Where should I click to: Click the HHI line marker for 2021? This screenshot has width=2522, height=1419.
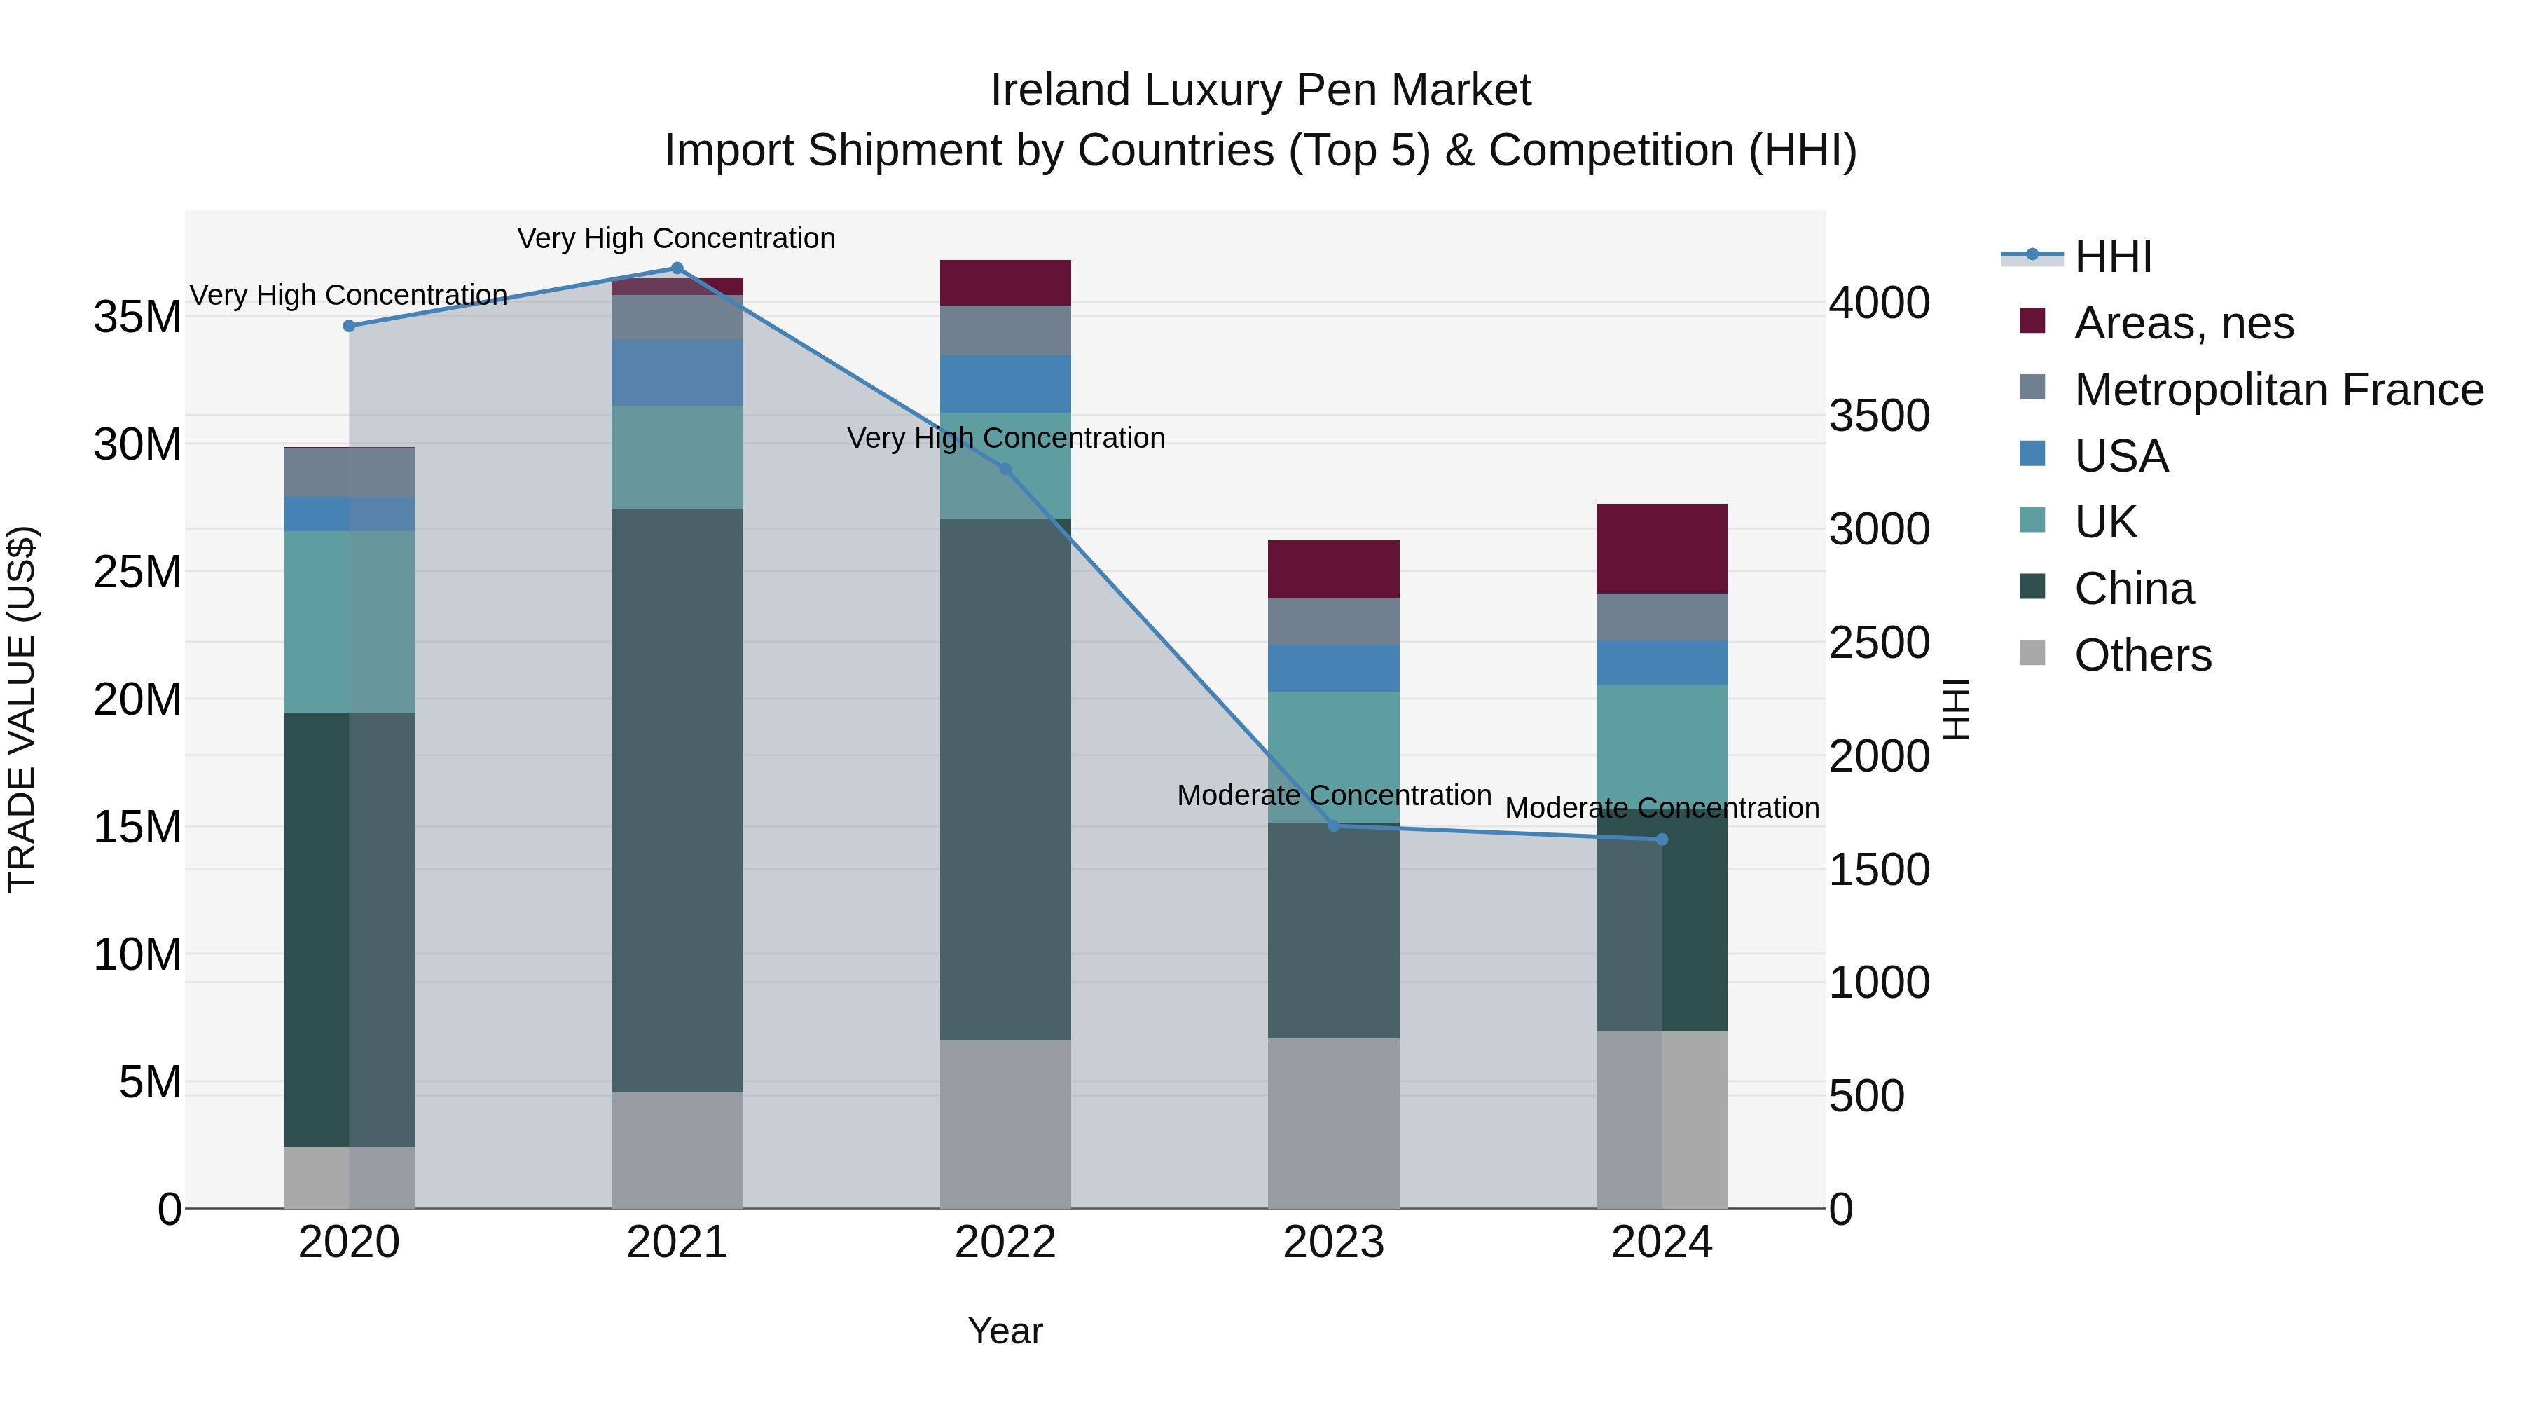pos(677,268)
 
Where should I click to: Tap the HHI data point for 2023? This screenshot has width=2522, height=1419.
pos(1333,825)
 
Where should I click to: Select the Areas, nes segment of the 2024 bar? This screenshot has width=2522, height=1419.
pos(1662,549)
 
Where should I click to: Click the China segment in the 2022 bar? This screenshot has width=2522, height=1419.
pos(1005,779)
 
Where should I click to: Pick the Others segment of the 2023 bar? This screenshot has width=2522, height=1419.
pos(1333,1123)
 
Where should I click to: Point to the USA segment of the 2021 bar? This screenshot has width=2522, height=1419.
pos(677,372)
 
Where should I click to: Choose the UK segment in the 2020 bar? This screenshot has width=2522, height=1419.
pos(349,622)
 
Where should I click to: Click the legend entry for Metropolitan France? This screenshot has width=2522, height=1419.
pos(2278,390)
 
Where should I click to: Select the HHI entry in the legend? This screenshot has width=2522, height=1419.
pos(2113,256)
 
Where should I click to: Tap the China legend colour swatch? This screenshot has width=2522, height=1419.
pos(2032,587)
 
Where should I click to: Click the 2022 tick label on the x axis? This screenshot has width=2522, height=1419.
pos(1005,1242)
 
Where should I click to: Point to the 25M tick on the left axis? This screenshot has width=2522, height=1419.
pos(137,572)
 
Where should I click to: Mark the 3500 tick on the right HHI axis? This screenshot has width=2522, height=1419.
pos(1879,416)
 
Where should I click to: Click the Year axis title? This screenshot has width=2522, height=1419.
pos(1005,1331)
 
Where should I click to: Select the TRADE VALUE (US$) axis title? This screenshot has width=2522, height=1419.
pos(22,709)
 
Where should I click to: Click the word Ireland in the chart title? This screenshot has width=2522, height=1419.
pos(1061,90)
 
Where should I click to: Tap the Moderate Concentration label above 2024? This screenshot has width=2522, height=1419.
pos(1662,808)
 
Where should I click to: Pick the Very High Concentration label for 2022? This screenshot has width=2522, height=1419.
pos(1005,438)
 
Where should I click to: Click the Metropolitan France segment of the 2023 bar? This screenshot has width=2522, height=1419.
pos(1333,622)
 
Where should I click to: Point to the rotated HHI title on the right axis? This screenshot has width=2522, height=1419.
pos(1955,709)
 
